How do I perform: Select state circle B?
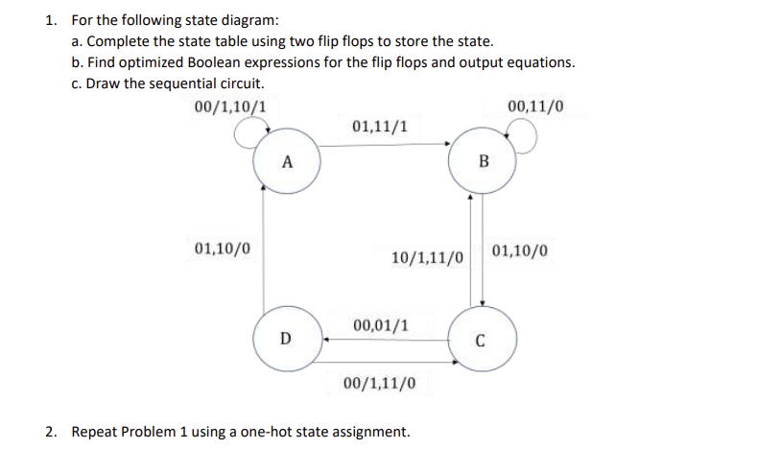483,160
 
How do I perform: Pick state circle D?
285,337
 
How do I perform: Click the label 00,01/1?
381,324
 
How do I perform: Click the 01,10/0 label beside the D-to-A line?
223,248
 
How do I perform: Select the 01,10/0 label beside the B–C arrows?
521,252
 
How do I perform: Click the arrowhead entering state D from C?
326,338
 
